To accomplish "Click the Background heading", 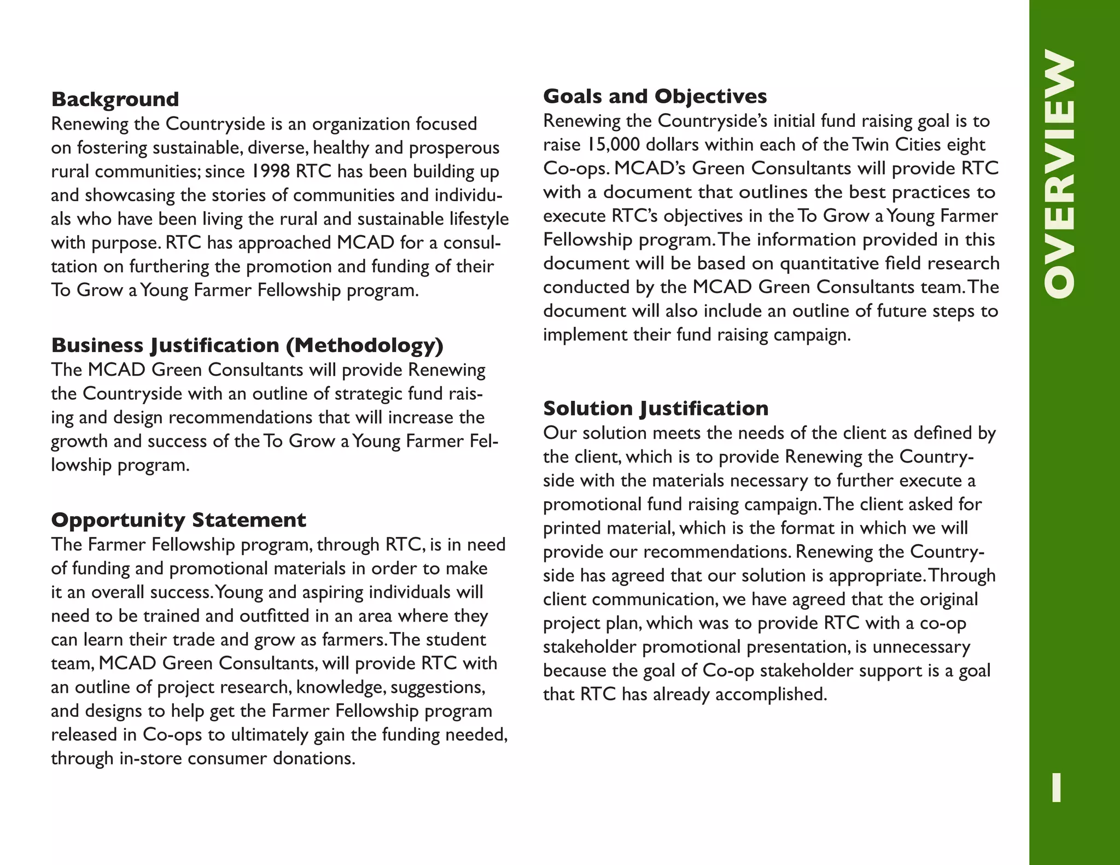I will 115,100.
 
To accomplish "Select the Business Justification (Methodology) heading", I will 247,346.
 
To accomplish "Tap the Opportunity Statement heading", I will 178,520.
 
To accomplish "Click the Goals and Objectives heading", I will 655,96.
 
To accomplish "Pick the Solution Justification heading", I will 655,408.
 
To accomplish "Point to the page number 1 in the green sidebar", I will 1057,787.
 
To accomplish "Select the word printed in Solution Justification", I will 572,528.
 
